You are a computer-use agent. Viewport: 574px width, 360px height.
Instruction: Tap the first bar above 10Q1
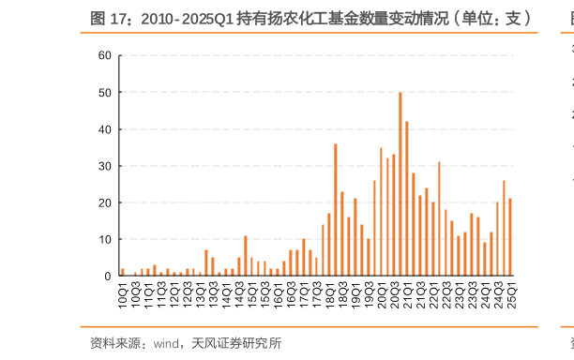122,272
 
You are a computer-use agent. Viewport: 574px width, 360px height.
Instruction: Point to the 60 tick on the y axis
104,55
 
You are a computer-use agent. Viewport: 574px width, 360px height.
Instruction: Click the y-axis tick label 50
104,93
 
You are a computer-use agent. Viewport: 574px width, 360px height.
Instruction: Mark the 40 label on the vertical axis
104,129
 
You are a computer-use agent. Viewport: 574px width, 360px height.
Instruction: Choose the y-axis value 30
104,166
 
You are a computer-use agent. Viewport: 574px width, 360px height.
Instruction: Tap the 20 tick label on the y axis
104,202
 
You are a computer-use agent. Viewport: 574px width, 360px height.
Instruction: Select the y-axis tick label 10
104,239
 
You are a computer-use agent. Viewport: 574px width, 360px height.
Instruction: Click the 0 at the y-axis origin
107,277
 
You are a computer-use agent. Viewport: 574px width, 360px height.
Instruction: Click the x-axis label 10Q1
123,292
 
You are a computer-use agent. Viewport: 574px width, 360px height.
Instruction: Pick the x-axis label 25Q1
511,292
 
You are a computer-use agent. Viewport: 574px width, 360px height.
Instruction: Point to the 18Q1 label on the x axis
330,292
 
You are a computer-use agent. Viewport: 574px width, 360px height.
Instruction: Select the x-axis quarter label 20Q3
395,292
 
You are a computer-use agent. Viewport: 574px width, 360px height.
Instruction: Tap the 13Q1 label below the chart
201,292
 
